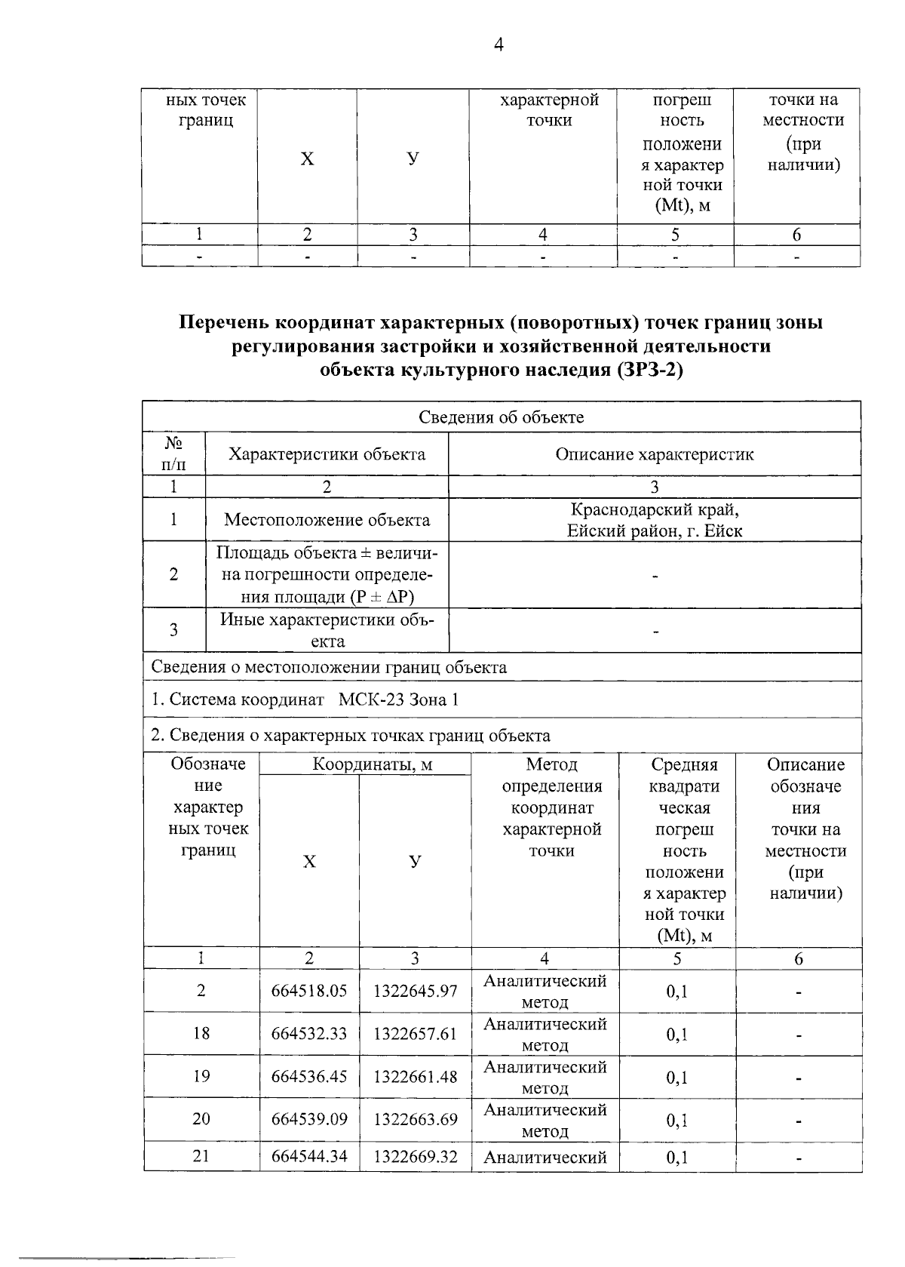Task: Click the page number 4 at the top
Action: pos(498,45)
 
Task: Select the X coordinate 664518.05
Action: pos(309,991)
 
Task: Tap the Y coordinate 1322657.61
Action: pos(415,1034)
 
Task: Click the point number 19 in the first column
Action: pos(201,1076)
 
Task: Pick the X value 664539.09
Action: pos(309,1119)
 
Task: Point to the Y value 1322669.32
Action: pos(415,1156)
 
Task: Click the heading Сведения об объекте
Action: pos(501,417)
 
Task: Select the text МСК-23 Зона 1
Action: pos(398,700)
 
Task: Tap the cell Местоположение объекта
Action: pos(327,520)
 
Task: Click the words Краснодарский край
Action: pos(655,509)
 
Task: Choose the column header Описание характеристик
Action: pos(654,454)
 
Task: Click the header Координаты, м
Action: pos(373,764)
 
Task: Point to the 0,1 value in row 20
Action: pos(676,1121)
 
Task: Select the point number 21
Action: pos(201,1156)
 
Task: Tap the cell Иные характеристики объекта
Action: pos(327,631)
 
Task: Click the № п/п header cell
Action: pos(174,453)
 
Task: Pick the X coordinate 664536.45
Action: pos(309,1077)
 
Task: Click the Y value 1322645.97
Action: pos(415,991)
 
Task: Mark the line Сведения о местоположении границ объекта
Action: pos(329,667)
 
